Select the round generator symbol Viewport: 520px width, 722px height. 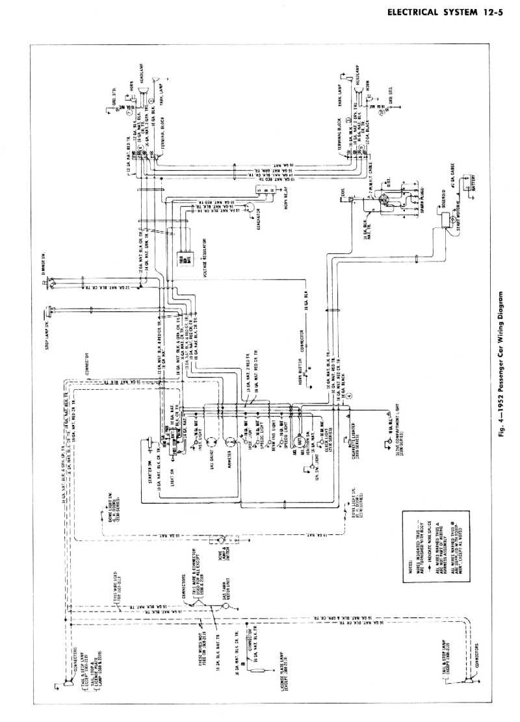point(248,219)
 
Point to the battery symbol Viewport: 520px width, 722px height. point(467,188)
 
